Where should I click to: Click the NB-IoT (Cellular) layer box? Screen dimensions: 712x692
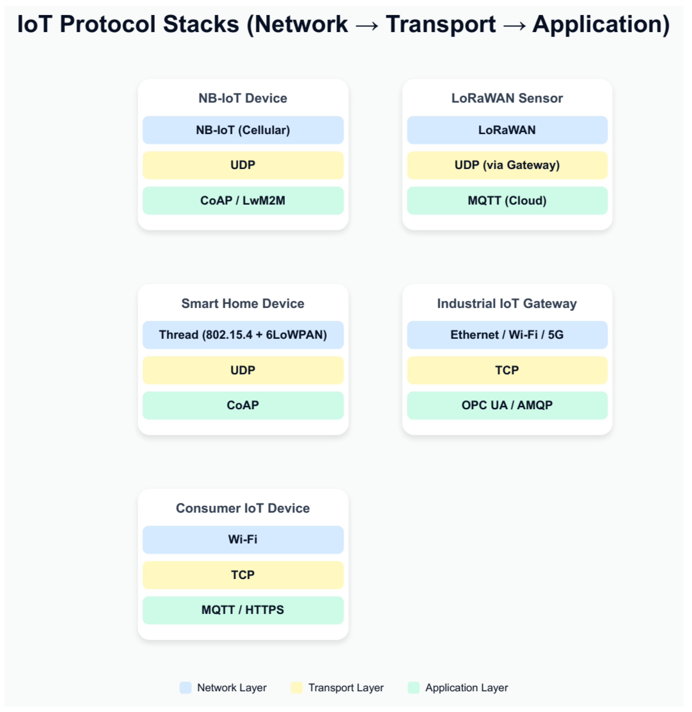pos(243,130)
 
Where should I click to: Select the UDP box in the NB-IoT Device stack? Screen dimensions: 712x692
pos(243,165)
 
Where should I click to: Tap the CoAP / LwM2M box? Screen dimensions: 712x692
pos(243,201)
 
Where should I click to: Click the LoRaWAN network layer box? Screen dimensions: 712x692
pos(507,130)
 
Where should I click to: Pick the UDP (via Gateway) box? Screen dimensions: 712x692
pos(507,165)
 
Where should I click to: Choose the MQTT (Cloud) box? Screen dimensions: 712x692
pos(507,201)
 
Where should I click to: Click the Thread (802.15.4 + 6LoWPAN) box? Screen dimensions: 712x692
pos(243,335)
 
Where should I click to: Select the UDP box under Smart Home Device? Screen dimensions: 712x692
pos(243,370)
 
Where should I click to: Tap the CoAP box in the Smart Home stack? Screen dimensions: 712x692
pos(243,405)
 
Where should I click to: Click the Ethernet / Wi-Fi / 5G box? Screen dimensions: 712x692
pos(507,335)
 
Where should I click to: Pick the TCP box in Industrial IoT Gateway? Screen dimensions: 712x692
pos(507,370)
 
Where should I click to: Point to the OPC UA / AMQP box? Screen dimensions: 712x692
pos(507,405)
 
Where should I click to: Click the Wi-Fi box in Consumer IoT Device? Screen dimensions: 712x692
pos(243,540)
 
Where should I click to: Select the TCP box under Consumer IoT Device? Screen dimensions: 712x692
pos(243,575)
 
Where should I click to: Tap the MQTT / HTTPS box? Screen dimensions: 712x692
pos(243,610)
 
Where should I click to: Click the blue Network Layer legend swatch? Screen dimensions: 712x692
pos(185,688)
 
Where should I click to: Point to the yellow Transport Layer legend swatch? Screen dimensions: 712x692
pos(296,688)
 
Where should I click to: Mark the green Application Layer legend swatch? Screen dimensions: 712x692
pos(414,688)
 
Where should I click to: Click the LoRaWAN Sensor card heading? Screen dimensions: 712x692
pos(507,98)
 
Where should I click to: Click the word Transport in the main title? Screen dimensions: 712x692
pos(440,24)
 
